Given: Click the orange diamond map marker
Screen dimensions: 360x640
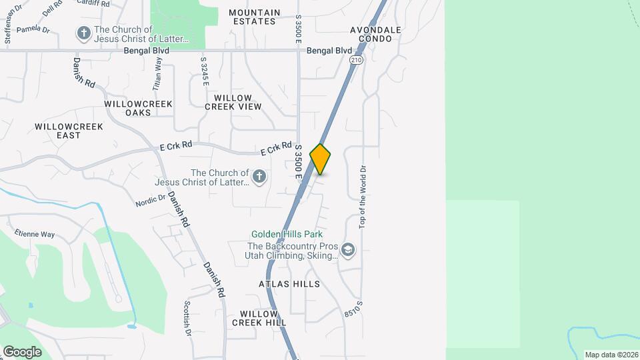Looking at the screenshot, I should [x=320, y=159].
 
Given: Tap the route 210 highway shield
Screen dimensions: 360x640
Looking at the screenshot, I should [x=355, y=60].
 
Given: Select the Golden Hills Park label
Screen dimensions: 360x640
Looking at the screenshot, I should [x=287, y=234].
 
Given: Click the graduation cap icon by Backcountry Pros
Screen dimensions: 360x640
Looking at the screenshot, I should [x=347, y=250].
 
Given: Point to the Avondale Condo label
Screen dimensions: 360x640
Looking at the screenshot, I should [x=376, y=34].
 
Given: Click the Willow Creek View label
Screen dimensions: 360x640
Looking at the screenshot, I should [x=233, y=102].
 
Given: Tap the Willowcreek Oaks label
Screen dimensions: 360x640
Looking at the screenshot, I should [x=138, y=108].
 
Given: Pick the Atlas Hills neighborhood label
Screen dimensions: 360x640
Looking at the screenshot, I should [x=289, y=284].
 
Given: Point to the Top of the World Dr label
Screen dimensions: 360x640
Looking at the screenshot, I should [x=363, y=197].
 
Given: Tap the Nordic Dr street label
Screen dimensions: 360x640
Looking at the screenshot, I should [x=150, y=200].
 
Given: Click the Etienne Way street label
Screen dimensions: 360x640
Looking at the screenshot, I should [x=35, y=234].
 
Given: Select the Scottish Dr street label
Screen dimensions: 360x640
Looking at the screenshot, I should [x=188, y=317].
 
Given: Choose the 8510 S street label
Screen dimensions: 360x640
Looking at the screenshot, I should [x=354, y=308].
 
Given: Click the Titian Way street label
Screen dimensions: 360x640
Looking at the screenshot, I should [x=157, y=74].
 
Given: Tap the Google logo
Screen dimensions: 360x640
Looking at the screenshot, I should [x=22, y=351].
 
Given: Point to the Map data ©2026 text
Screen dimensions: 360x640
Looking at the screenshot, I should [x=611, y=355].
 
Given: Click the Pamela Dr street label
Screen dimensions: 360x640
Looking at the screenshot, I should [x=33, y=30].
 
